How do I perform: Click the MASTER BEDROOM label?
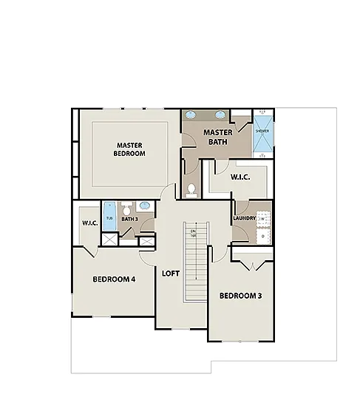click(129, 149)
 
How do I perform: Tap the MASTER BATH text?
click(218, 137)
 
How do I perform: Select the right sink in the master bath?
click(220, 116)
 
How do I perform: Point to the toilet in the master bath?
click(191, 189)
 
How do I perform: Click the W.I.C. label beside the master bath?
click(240, 177)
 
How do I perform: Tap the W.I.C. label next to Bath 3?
click(89, 222)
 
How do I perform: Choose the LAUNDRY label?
click(244, 218)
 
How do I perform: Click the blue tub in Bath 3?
click(110, 214)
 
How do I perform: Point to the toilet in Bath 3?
click(127, 208)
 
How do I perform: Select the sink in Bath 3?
click(145, 206)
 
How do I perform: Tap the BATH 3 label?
click(129, 219)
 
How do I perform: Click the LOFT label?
click(171, 273)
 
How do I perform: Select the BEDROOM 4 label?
click(114, 279)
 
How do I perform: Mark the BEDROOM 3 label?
click(240, 296)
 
